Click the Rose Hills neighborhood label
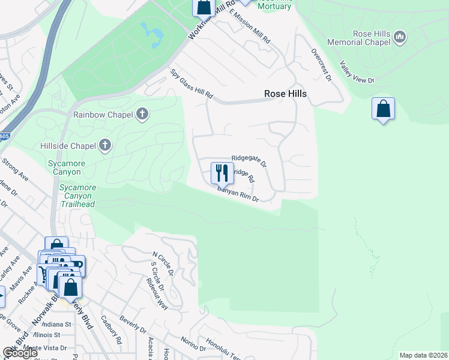[x=286, y=94]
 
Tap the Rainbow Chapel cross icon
[x=142, y=114]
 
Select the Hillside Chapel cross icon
[x=105, y=145]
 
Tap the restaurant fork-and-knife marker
[x=222, y=173]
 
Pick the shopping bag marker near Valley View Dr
[x=383, y=109]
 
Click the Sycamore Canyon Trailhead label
[x=77, y=196]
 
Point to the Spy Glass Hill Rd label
[x=192, y=85]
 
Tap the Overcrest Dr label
[x=319, y=65]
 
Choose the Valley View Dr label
[x=357, y=72]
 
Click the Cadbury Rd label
[x=112, y=331]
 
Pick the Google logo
[x=20, y=353]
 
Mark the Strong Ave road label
[x=15, y=170]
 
